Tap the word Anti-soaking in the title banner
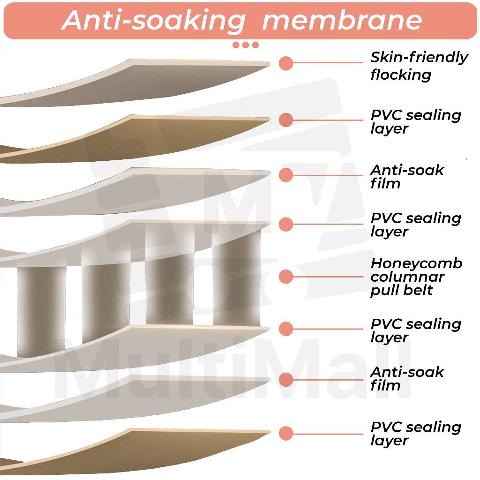click(x=153, y=20)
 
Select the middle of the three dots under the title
click(x=246, y=45)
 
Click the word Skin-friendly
click(x=419, y=57)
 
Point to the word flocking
click(x=401, y=75)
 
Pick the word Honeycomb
click(x=416, y=263)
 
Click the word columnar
click(x=407, y=277)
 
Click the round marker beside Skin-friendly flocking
click(x=285, y=63)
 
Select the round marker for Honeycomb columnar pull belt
click(x=285, y=277)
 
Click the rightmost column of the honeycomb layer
click(x=237, y=279)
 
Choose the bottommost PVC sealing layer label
click(x=416, y=434)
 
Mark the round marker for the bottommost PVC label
click(x=285, y=433)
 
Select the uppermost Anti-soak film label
click(x=406, y=176)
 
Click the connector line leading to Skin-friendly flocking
click(x=328, y=63)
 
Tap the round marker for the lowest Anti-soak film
click(x=285, y=379)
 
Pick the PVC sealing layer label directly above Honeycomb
click(x=416, y=225)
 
